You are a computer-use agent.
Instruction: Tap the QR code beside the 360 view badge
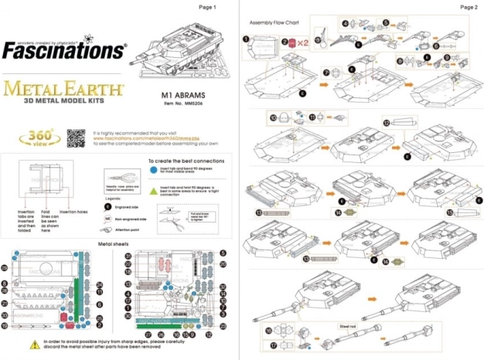(74, 138)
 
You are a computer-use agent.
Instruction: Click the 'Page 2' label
(469, 7)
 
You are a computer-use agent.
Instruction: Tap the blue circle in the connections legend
(153, 168)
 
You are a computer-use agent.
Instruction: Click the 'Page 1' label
(208, 7)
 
